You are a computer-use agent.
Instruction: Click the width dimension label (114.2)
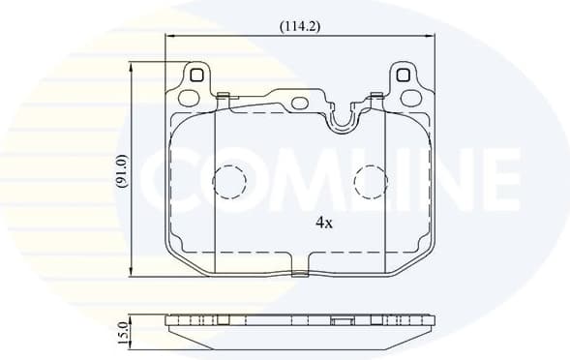300,26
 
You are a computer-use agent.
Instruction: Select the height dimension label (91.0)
122,171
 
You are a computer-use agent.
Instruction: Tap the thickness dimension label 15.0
122,331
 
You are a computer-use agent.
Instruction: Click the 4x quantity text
324,222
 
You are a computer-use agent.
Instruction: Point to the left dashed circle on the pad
230,182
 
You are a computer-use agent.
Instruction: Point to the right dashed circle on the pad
370,182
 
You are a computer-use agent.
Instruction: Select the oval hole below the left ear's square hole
190,96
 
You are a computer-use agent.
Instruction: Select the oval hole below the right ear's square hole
411,96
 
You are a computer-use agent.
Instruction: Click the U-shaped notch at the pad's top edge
340,120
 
